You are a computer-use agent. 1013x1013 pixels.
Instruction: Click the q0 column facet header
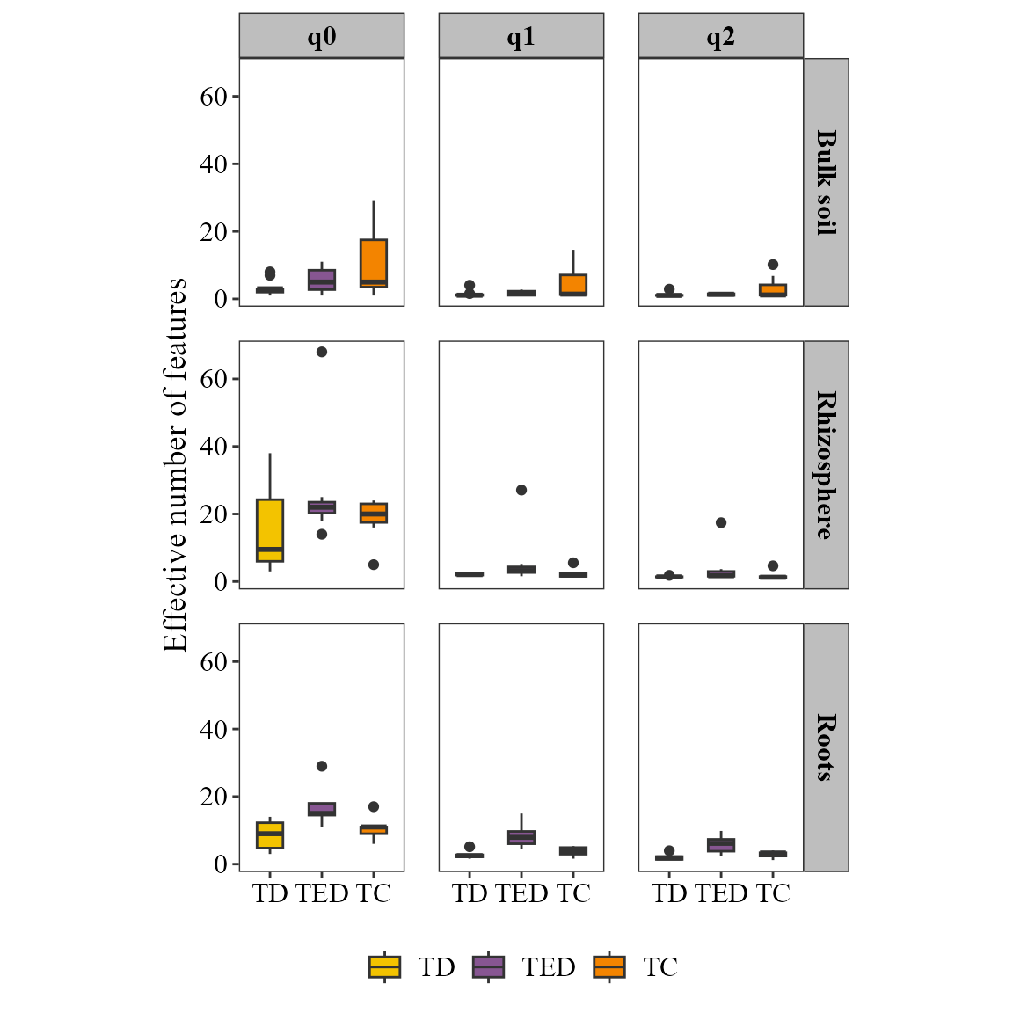point(322,36)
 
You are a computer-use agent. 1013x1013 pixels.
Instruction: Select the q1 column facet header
point(521,36)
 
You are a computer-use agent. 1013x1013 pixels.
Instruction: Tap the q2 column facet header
point(721,36)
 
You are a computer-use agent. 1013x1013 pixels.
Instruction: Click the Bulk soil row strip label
point(827,182)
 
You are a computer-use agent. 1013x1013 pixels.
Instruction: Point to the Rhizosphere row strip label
point(827,465)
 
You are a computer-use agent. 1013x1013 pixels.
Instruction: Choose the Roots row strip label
point(827,747)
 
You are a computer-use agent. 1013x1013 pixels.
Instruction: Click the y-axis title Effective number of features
point(176,464)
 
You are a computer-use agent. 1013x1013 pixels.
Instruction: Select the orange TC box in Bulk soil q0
point(374,262)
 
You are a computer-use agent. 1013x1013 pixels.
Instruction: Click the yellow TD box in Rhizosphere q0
point(270,529)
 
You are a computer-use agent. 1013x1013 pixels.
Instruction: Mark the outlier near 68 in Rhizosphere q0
point(322,352)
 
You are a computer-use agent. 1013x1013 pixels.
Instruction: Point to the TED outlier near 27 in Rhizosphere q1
point(521,490)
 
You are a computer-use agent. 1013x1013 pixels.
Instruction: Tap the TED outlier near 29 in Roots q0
point(322,766)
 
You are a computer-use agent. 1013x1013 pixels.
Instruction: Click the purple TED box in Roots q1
point(521,837)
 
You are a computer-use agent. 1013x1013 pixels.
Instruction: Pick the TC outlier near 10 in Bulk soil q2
point(773,265)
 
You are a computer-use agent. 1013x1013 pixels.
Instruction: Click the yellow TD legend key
point(385,967)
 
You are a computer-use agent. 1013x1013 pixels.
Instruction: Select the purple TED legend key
point(489,967)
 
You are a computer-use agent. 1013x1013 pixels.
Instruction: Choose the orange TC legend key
point(609,967)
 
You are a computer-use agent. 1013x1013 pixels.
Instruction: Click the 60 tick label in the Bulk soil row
point(214,97)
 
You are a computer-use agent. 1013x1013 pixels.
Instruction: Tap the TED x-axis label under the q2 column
point(721,893)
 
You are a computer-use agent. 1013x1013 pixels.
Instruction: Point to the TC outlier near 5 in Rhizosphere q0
point(374,565)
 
